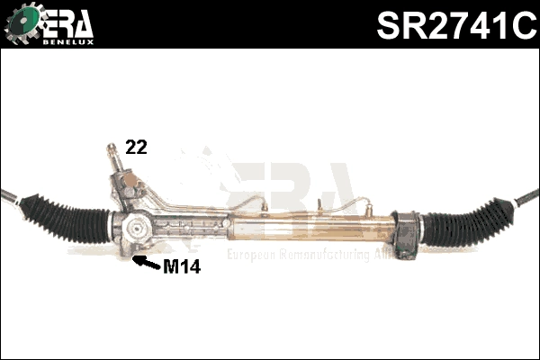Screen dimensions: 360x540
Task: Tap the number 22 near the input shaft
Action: click(x=136, y=148)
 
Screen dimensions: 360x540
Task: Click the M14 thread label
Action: click(x=181, y=267)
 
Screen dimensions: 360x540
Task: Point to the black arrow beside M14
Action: click(x=144, y=263)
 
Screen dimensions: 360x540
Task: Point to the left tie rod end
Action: click(x=9, y=197)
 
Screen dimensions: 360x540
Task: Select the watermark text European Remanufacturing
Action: click(x=297, y=256)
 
